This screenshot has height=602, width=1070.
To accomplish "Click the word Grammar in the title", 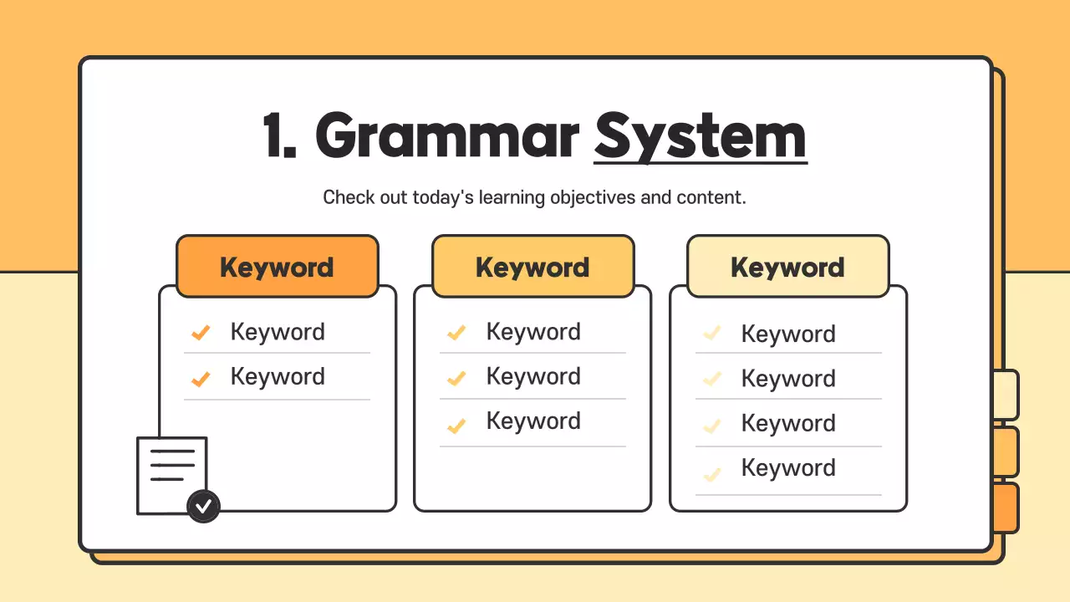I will [447, 135].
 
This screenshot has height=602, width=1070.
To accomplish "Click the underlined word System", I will [701, 135].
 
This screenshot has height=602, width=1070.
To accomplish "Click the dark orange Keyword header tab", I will [278, 267].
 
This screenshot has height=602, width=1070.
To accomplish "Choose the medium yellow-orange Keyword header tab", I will [532, 267].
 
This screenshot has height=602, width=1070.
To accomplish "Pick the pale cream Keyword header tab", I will [787, 267].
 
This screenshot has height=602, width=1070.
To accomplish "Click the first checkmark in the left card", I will [201, 333].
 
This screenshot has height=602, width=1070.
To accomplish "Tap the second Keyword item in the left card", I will [278, 377].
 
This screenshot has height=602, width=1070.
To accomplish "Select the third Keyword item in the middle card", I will [533, 421].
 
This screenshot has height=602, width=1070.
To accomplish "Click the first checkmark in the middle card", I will [456, 333].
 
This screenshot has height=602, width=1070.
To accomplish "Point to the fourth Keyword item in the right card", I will [788, 468].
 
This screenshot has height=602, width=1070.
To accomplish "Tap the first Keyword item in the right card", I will [788, 334].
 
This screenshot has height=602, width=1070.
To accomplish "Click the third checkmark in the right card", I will [711, 425].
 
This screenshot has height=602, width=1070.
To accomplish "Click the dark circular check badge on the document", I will [203, 506].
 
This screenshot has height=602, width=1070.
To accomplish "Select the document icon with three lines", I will [171, 474].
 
